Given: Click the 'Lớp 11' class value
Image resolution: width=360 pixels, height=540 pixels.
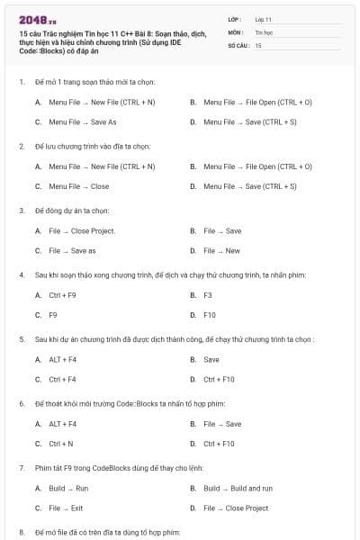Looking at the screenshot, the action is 264,19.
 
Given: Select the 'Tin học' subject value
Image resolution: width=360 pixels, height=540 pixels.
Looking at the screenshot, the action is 263,31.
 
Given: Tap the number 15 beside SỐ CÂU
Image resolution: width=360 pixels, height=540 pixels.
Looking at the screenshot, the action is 258,44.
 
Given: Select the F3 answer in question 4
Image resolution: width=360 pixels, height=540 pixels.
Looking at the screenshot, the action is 208,295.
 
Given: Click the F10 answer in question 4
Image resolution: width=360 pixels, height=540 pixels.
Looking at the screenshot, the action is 210,315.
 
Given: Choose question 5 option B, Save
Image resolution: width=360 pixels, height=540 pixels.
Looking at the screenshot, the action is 211,359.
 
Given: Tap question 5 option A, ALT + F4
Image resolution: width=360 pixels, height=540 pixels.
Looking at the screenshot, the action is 62,359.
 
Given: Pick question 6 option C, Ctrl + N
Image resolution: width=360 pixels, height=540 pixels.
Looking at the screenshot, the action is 60,444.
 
